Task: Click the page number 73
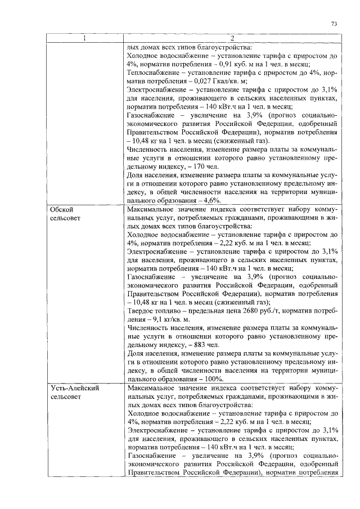point(334,24)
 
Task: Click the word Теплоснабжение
point(154,73)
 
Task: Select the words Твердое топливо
point(155,310)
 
